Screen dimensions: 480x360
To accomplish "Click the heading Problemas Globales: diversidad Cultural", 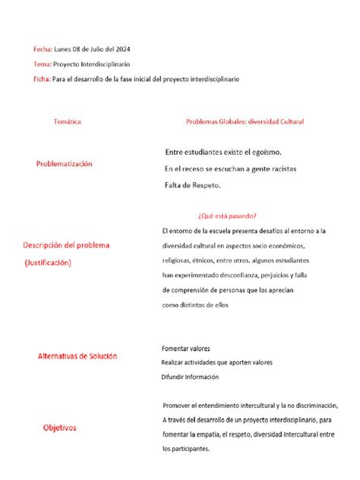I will coord(245,122).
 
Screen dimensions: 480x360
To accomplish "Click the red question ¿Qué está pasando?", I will coord(226,215).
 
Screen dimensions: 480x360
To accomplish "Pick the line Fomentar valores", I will coord(185,348).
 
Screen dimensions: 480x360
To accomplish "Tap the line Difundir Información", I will coord(189,377).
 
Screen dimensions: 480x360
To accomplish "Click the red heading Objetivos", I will coord(58,428).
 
